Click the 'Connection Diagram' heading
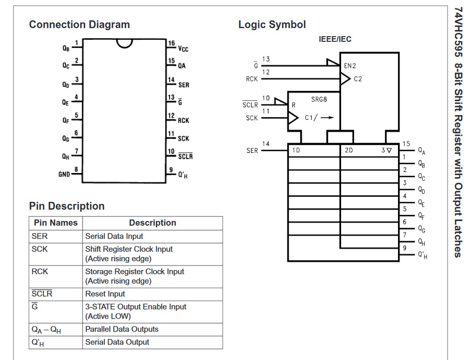tap(79, 24)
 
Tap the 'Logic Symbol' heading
tap(272, 24)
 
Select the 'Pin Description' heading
tap(67, 206)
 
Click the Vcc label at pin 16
tap(183, 49)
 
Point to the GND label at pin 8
tap(64, 175)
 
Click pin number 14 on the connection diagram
tap(171, 80)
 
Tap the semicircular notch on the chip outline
tap(124, 43)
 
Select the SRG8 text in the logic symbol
tap(319, 99)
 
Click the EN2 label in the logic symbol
tap(350, 66)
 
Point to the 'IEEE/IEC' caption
tap(335, 39)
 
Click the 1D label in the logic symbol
tap(296, 150)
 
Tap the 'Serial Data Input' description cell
tap(114, 236)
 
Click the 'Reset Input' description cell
tap(105, 294)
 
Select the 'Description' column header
tap(152, 223)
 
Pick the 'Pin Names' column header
tap(55, 223)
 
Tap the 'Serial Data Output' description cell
tap(117, 342)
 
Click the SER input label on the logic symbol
tap(252, 151)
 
